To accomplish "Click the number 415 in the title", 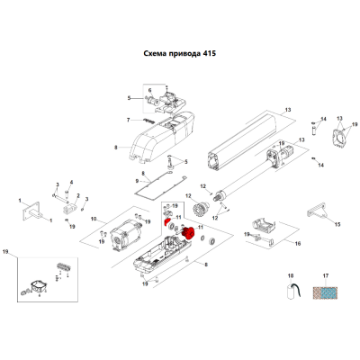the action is pos(209,54).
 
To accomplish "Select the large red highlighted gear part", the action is pos(188,233).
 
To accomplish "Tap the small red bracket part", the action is pos(166,222).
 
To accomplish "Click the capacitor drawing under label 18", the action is pos(293,291).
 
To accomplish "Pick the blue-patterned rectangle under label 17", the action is pos(325,292).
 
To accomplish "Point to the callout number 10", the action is pos(94,219).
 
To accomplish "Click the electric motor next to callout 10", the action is pos(126,236).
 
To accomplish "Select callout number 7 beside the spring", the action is pos(128,120).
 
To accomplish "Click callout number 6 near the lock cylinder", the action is pos(150,90).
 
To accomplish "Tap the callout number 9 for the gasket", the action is pos(137,181).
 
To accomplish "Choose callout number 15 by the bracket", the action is pos(337,224).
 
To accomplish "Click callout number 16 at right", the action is pos(298,244).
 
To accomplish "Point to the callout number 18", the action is pos(291,275).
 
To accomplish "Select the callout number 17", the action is pos(326,275).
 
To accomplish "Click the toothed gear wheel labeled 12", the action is pos(199,207).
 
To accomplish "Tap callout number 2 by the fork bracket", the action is pos(78,195).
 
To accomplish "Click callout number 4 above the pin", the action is pos(71,182).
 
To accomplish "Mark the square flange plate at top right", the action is pos(338,139).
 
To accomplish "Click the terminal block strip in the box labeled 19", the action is pos(64,266).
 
